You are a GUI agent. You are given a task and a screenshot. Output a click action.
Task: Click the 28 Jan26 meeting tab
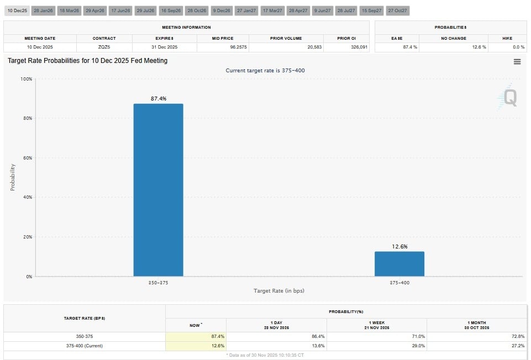(x=43, y=10)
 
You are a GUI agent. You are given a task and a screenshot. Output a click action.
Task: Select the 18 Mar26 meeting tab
(x=69, y=10)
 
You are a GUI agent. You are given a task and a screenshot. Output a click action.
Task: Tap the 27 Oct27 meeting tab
(x=397, y=10)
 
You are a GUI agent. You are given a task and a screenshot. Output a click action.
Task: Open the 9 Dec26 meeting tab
(x=222, y=10)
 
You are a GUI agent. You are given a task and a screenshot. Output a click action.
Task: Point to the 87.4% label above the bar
(x=159, y=99)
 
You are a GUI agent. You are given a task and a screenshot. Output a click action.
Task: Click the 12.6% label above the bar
(x=399, y=247)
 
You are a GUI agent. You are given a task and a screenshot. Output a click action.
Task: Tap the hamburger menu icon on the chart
(x=517, y=62)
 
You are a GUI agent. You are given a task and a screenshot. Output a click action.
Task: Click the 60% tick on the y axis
(x=27, y=158)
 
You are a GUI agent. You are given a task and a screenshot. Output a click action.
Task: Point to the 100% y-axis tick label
(x=25, y=79)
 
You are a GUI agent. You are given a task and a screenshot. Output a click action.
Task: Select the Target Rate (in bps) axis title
(x=279, y=290)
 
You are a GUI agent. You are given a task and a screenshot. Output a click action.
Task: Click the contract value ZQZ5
(x=104, y=47)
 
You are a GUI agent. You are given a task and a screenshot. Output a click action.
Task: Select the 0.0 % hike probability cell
(x=518, y=47)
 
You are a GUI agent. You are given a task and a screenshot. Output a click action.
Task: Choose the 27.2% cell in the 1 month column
(x=517, y=346)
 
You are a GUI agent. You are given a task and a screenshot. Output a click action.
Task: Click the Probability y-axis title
(x=13, y=177)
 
